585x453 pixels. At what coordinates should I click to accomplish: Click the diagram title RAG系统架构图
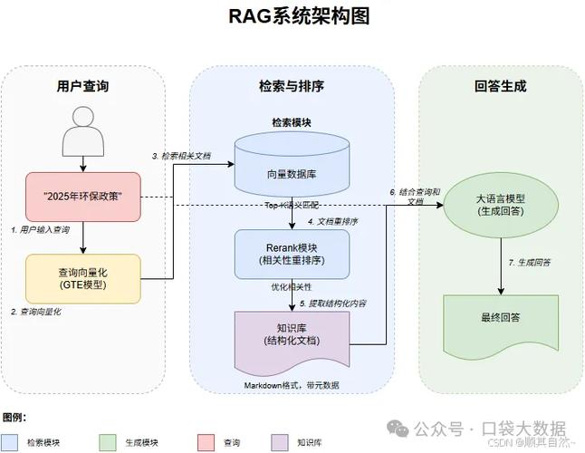[292, 16]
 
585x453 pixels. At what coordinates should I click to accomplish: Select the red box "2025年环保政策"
[83, 197]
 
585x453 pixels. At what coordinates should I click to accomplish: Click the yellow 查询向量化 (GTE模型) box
[83, 278]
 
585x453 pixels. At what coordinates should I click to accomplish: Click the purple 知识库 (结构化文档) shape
[291, 335]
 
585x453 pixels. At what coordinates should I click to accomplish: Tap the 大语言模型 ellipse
[500, 205]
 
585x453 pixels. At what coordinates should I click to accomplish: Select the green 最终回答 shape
[500, 318]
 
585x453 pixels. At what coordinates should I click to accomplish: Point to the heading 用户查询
[83, 88]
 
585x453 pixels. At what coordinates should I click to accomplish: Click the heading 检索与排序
[291, 88]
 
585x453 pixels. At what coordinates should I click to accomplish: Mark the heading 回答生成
[500, 88]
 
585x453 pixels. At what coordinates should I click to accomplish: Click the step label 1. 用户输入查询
[40, 230]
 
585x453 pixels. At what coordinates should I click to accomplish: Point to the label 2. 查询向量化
[37, 312]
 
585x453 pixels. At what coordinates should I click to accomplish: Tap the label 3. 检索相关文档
[182, 156]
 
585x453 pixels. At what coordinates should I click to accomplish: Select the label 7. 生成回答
[530, 263]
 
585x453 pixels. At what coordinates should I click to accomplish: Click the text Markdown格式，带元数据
[291, 385]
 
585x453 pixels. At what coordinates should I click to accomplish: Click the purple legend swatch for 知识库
[278, 442]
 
